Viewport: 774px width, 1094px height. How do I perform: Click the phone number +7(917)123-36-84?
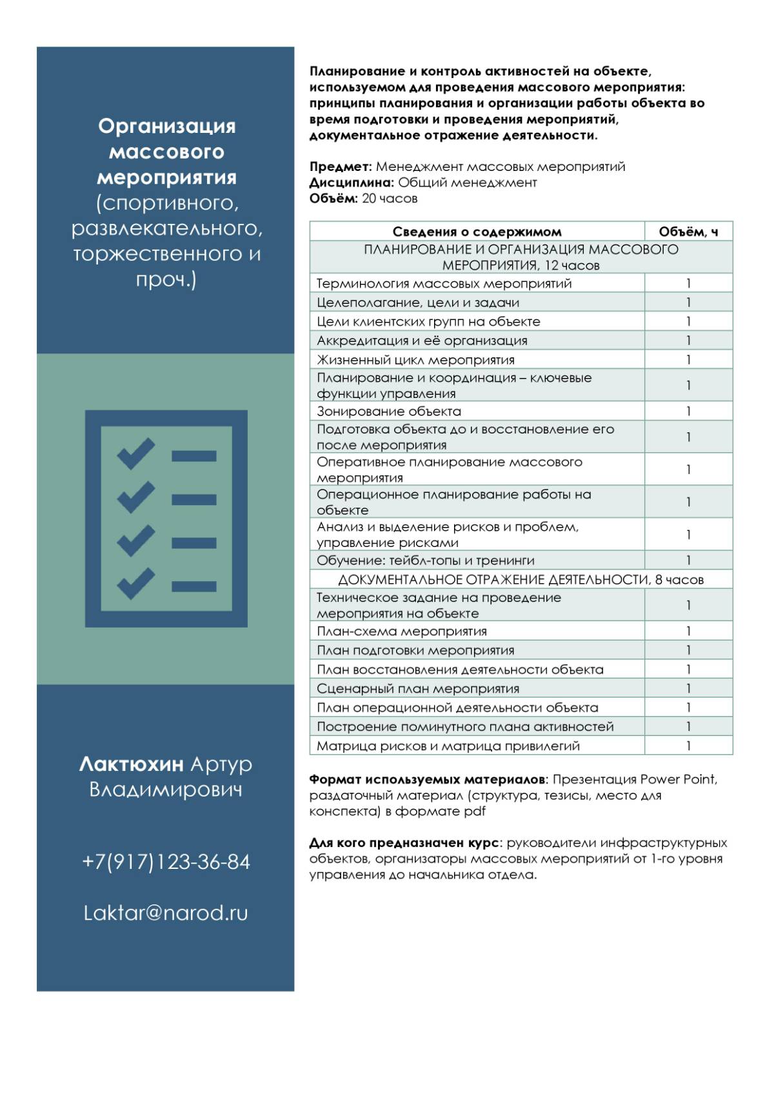point(166,862)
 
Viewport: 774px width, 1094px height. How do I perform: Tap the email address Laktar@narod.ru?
point(166,913)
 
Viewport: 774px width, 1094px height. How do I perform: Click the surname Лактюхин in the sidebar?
point(132,764)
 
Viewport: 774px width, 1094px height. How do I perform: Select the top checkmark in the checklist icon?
point(135,453)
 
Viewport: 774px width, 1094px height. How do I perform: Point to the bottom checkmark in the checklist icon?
point(135,584)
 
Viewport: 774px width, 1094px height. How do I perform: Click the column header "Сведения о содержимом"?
point(477,232)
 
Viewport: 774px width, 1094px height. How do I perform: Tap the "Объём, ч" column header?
point(688,232)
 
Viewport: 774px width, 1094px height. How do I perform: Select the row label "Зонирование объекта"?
point(389,411)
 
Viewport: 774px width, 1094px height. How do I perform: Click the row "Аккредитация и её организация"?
point(422,341)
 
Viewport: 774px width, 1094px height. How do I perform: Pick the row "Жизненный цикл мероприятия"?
point(415,360)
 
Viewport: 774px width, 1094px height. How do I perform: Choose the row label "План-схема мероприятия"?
point(402,631)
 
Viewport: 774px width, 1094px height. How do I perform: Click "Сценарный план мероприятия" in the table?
point(418,688)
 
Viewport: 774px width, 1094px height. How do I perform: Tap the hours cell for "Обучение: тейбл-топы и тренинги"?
point(688,560)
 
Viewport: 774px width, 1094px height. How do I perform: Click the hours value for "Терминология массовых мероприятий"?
point(688,283)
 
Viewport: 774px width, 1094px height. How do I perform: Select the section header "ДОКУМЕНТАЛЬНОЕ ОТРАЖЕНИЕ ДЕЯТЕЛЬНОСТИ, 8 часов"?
point(521,579)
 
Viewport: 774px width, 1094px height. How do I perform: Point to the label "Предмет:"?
point(341,167)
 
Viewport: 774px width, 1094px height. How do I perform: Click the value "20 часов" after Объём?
point(390,199)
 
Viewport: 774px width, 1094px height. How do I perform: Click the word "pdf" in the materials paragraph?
point(474,811)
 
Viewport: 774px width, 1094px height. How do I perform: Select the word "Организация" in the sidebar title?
point(166,126)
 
